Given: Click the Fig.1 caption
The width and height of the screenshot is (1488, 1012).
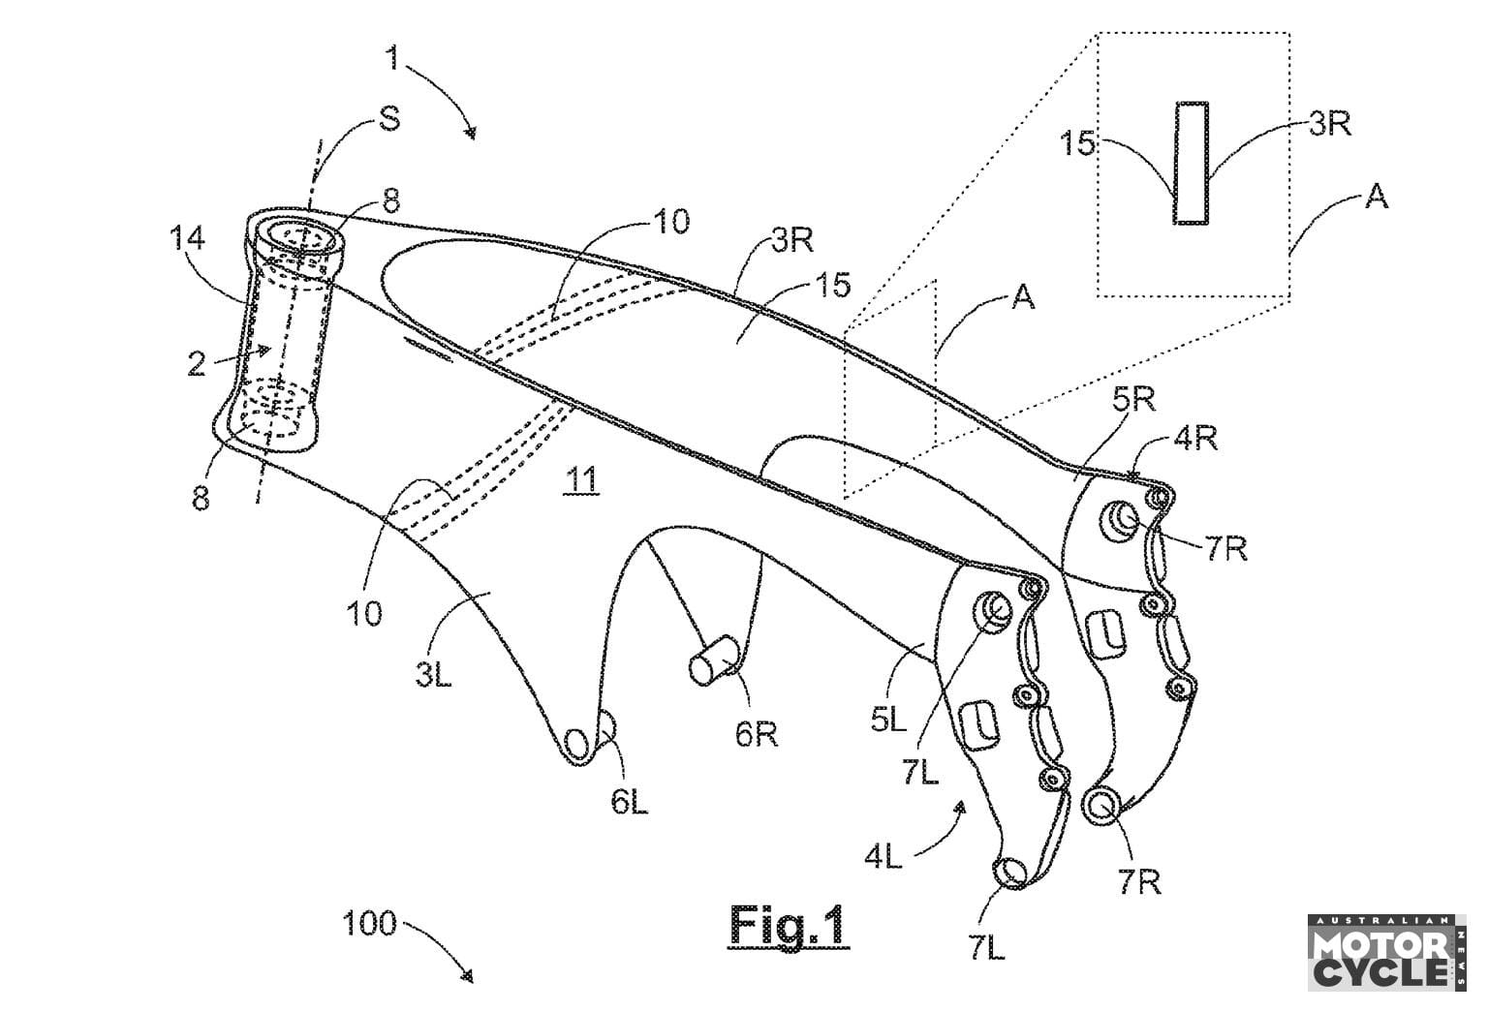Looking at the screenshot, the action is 789,924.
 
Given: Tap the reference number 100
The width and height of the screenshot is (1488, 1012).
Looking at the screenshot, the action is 369,923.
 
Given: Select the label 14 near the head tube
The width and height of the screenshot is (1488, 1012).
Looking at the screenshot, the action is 187,238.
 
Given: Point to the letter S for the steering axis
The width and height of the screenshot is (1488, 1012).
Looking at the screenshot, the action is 388,118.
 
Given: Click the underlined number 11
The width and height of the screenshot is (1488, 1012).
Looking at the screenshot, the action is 581,479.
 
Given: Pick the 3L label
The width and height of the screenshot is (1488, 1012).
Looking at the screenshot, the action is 433,675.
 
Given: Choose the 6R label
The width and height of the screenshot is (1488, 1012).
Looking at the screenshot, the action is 756,734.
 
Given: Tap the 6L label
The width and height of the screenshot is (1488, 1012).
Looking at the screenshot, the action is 629,802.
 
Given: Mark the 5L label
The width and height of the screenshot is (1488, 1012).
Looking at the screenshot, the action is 888,720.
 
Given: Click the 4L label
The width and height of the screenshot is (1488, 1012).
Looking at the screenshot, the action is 883,857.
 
